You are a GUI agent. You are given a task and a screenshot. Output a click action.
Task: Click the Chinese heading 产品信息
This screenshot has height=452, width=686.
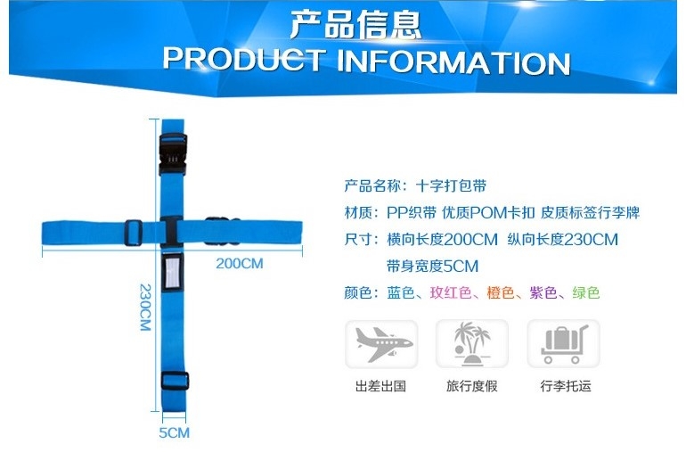pos(355,25)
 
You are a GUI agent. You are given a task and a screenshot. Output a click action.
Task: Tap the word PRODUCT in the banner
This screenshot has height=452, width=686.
pos(244,59)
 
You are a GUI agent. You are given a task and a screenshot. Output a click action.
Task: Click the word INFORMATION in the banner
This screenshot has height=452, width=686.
pos(453,62)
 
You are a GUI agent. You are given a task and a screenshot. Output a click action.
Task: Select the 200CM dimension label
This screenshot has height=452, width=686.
pos(240,264)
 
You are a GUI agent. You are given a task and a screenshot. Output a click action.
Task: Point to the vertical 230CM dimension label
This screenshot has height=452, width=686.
pos(145,307)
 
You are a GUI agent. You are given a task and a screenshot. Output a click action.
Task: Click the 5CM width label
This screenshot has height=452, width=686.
pos(174,432)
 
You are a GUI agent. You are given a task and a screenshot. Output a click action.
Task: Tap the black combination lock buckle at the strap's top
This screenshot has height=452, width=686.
pos(173,153)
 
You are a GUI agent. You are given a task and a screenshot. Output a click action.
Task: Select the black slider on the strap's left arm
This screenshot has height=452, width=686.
pos(133,233)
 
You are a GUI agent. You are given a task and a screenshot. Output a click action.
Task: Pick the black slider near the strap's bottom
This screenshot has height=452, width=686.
pos(175,381)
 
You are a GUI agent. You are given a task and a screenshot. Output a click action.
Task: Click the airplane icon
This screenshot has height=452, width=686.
pos(381,344)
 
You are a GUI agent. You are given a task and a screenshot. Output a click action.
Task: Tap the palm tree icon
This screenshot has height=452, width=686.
pos(472,344)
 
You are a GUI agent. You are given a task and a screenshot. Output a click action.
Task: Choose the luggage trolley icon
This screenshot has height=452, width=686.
pos(563,344)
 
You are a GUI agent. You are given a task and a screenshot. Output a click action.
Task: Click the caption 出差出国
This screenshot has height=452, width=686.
pos(381,386)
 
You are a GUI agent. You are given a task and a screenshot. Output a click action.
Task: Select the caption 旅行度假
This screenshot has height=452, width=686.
pos(471,386)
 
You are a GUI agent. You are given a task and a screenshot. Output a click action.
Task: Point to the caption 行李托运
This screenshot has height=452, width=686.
pos(566,386)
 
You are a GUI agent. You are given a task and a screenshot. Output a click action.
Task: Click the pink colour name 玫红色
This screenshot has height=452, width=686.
pos(451,292)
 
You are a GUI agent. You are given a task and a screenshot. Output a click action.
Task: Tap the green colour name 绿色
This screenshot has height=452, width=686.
pos(586,292)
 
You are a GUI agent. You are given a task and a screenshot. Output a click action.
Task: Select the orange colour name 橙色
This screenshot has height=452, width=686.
pos(501,292)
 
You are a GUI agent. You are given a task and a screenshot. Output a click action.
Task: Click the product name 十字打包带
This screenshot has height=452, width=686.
pos(451,186)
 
